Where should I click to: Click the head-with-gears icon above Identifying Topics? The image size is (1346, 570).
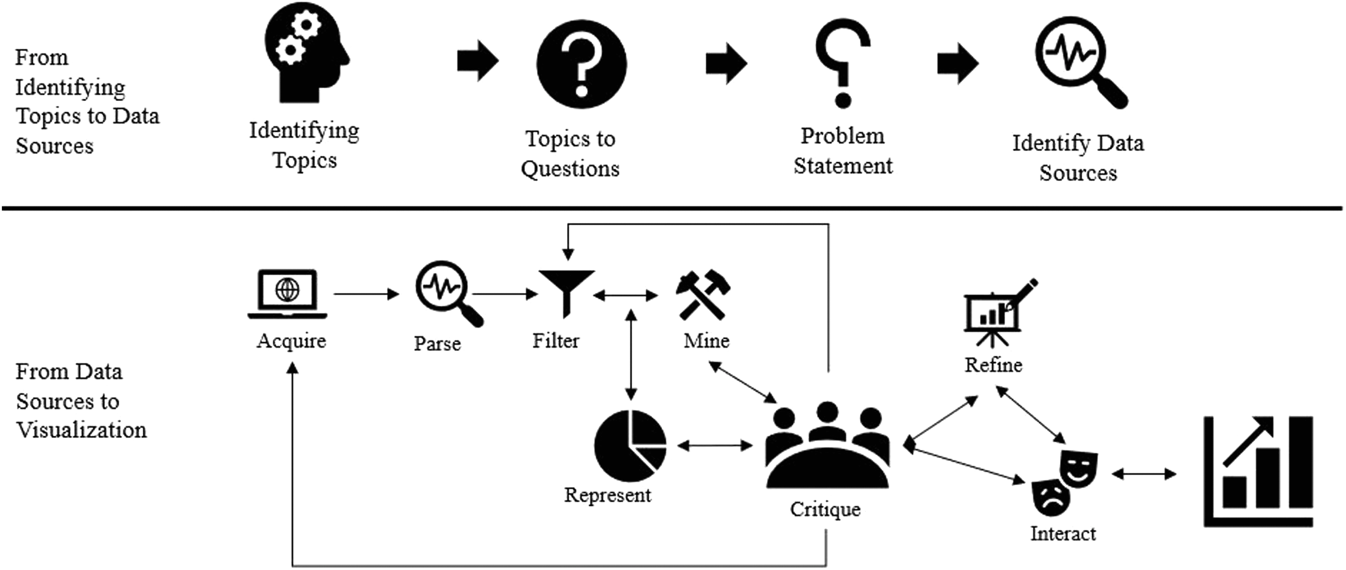[306, 52]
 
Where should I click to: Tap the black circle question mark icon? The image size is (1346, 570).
[581, 64]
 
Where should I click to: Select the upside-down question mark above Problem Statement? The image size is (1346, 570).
[842, 63]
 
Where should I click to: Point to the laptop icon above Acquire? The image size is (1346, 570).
[287, 294]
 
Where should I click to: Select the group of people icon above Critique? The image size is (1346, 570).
[827, 447]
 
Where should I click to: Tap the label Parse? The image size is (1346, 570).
[437, 343]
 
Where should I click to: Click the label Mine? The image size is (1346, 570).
[706, 341]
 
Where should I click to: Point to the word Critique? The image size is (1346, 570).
[825, 509]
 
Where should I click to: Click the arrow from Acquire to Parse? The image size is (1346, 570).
[366, 294]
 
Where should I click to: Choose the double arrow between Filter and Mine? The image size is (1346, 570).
[625, 296]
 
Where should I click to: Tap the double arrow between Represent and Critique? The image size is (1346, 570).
[715, 445]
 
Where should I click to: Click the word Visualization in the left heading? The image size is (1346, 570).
[82, 430]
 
